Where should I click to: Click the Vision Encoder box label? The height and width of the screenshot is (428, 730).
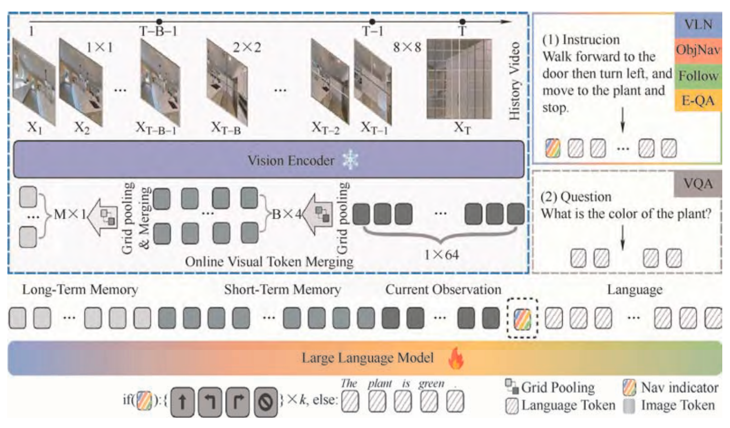291,160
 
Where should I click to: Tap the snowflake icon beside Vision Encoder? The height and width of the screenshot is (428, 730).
351,160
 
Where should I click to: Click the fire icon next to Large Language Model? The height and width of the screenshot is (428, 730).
456,358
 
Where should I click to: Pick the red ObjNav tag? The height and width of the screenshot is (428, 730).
698,51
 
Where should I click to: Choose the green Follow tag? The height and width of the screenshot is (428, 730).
698,76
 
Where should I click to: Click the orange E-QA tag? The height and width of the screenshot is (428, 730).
698,101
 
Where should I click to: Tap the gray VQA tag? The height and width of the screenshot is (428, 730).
698,184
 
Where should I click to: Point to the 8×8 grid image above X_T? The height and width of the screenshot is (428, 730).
459,79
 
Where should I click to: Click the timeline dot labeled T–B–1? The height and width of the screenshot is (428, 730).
159,22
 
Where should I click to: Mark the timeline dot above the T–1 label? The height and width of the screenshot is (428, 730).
372,22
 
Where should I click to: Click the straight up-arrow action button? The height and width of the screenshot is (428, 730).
182,401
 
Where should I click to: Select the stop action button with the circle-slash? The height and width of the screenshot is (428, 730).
266,401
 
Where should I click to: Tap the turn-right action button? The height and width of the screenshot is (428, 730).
238,401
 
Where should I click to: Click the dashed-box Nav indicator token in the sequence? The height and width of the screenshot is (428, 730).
522,318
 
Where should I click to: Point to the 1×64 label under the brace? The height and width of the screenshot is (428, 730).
441,254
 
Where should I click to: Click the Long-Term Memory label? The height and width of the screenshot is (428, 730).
80,290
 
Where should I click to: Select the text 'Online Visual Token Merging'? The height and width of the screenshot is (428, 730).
269,262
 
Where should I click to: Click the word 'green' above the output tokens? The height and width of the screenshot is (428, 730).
431,384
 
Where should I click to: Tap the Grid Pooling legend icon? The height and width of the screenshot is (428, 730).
512,386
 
